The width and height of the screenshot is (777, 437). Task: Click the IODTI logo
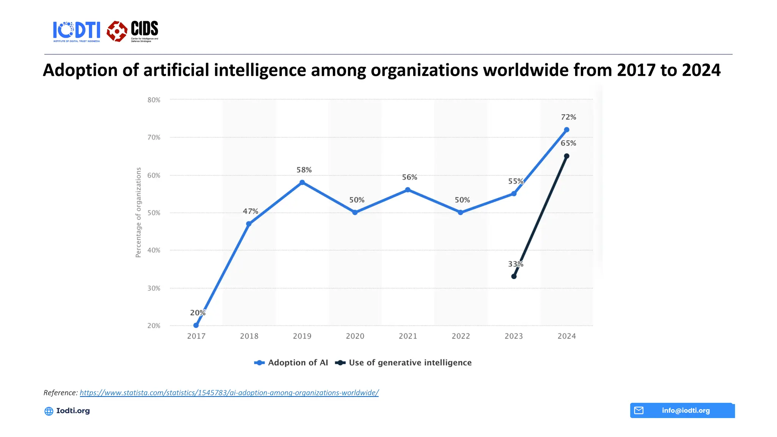pyautogui.click(x=77, y=31)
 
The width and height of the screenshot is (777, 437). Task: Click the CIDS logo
pyautogui.click(x=132, y=31)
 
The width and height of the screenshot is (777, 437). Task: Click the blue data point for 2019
pyautogui.click(x=302, y=182)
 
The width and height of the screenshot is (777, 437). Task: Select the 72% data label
pyautogui.click(x=568, y=117)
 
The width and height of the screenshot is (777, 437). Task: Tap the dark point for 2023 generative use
pyautogui.click(x=514, y=276)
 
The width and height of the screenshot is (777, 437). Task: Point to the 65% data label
pyautogui.click(x=568, y=143)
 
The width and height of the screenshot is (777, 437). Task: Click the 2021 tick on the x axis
pyautogui.click(x=408, y=336)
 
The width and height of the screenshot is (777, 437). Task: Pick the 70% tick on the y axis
pyautogui.click(x=154, y=137)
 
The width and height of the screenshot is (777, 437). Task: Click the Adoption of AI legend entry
pyautogui.click(x=291, y=363)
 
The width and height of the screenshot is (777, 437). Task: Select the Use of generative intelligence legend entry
pyautogui.click(x=404, y=363)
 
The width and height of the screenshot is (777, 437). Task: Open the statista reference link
pyautogui.click(x=229, y=393)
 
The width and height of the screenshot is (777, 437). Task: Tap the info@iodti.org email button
pyautogui.click(x=682, y=410)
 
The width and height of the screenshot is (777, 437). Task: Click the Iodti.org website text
pyautogui.click(x=73, y=411)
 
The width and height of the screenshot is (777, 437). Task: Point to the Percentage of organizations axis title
pyautogui.click(x=138, y=212)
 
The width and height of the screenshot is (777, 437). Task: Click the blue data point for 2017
pyautogui.click(x=196, y=325)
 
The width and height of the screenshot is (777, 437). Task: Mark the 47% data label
pyautogui.click(x=250, y=211)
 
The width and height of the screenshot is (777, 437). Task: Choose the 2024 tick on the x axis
pyautogui.click(x=566, y=336)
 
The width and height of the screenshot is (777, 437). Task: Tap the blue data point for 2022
pyautogui.click(x=460, y=212)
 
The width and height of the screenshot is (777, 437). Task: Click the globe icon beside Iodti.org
pyautogui.click(x=49, y=411)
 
